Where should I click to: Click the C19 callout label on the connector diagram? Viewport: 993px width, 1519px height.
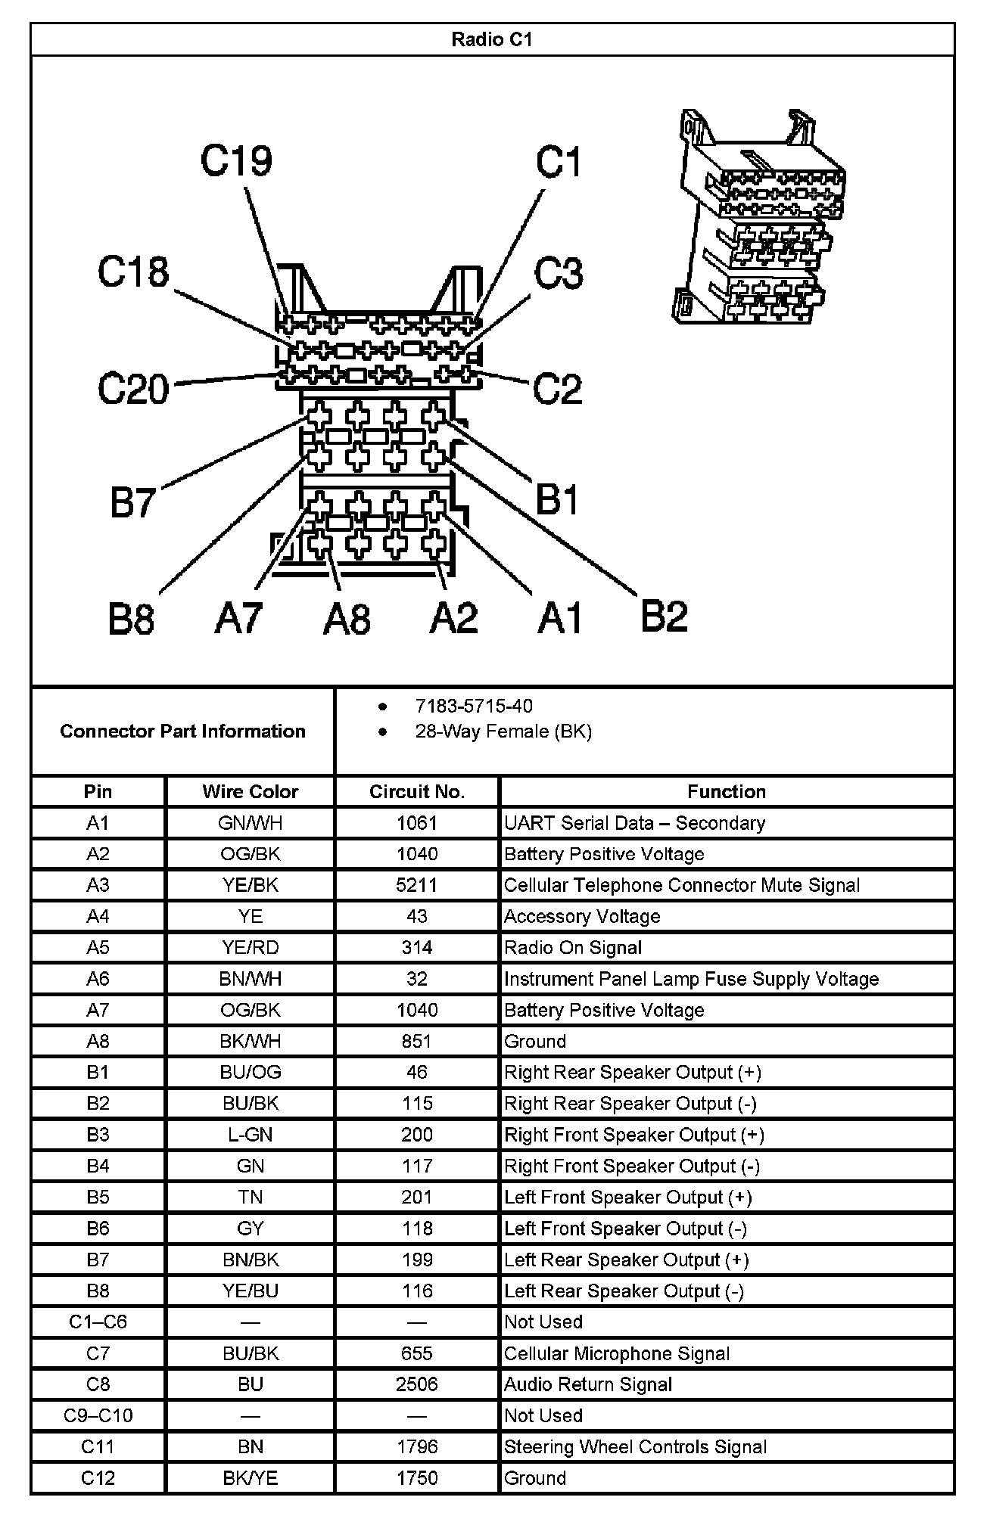click(x=236, y=161)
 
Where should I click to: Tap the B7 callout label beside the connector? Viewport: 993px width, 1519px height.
click(x=133, y=502)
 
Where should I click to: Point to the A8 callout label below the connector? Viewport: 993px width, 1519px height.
click(x=347, y=619)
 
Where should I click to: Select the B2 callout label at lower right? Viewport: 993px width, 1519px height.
click(x=664, y=616)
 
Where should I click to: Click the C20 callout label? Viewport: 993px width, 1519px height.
click(x=133, y=389)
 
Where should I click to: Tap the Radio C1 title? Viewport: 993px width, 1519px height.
click(x=492, y=39)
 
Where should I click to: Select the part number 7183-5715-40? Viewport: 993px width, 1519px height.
click(x=474, y=706)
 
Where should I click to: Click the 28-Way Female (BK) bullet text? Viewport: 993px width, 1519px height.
click(x=503, y=732)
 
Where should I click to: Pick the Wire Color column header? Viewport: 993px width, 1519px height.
click(x=250, y=792)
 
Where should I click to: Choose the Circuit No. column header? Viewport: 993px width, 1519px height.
click(x=417, y=792)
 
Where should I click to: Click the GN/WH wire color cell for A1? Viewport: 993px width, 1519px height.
click(x=250, y=823)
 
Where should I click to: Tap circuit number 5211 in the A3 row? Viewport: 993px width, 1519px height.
click(x=417, y=885)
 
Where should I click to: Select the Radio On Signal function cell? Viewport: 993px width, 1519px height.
click(x=573, y=948)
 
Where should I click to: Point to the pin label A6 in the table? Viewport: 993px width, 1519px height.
click(x=98, y=979)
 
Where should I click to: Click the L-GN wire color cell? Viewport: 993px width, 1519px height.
click(x=250, y=1135)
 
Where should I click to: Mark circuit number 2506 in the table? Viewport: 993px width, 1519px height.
click(x=417, y=1384)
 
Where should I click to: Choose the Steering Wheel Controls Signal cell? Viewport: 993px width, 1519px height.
click(x=636, y=1447)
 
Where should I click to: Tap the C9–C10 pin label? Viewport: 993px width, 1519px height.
click(x=98, y=1415)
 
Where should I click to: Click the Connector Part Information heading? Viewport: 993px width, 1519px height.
click(x=182, y=732)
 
